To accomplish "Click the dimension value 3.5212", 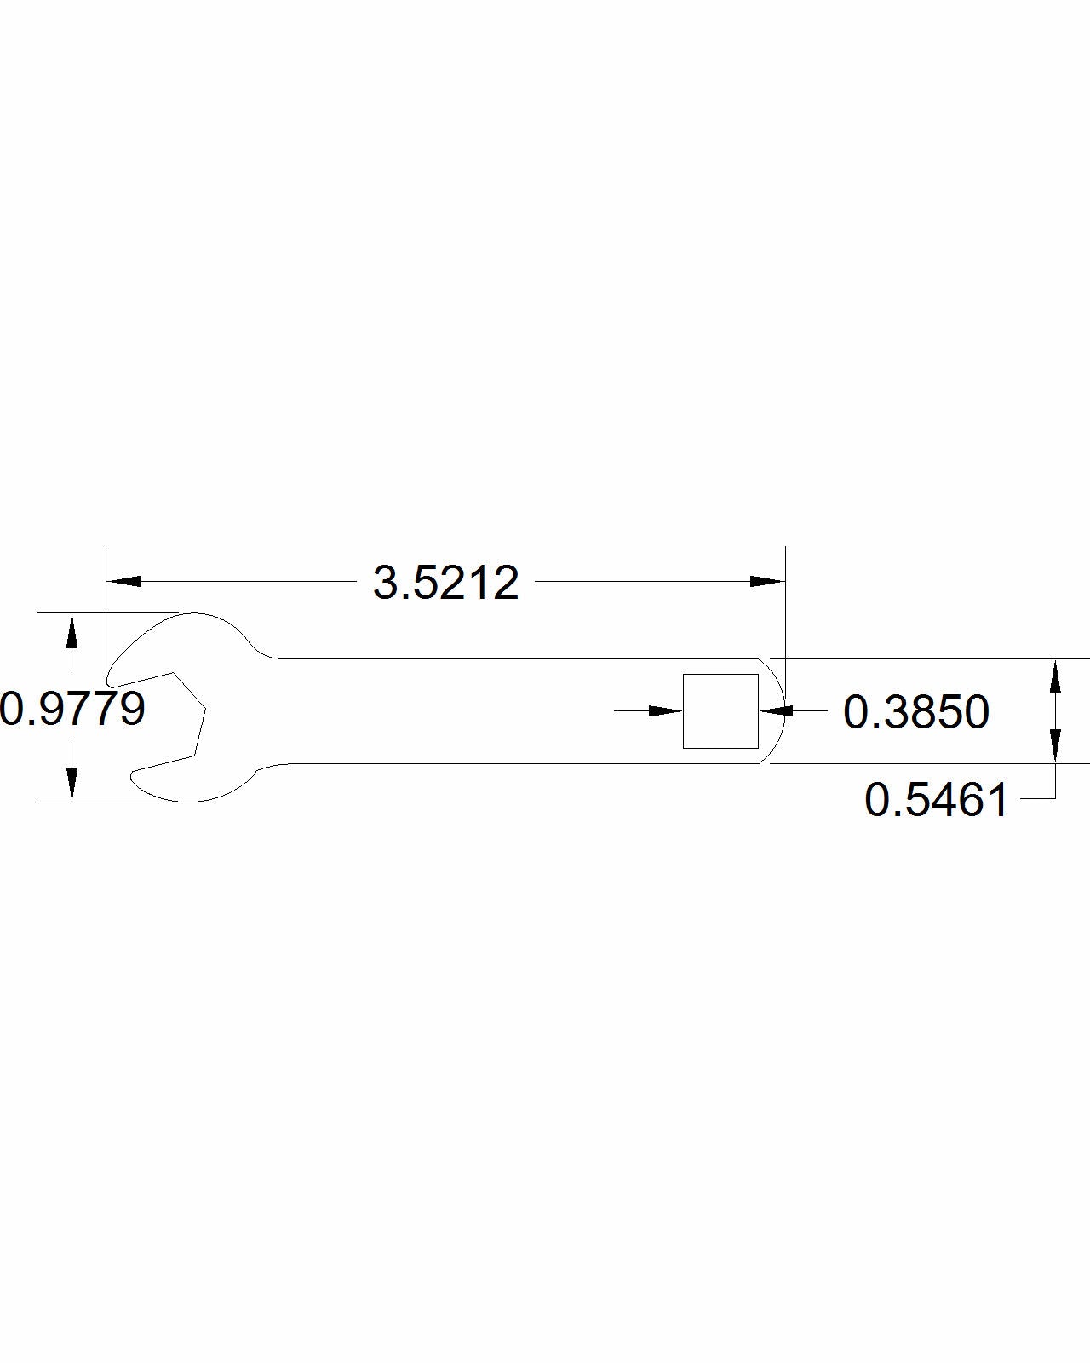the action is tap(446, 583).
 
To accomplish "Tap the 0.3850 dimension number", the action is tap(915, 712).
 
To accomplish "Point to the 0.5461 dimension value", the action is tap(936, 800).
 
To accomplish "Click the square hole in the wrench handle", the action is tap(720, 711).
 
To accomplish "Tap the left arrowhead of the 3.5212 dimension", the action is tap(123, 581).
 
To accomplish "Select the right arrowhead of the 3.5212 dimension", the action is tap(767, 581).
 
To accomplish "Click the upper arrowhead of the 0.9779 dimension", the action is tap(72, 630).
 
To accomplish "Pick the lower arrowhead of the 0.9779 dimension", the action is tap(72, 785).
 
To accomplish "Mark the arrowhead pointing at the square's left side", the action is tap(666, 710).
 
